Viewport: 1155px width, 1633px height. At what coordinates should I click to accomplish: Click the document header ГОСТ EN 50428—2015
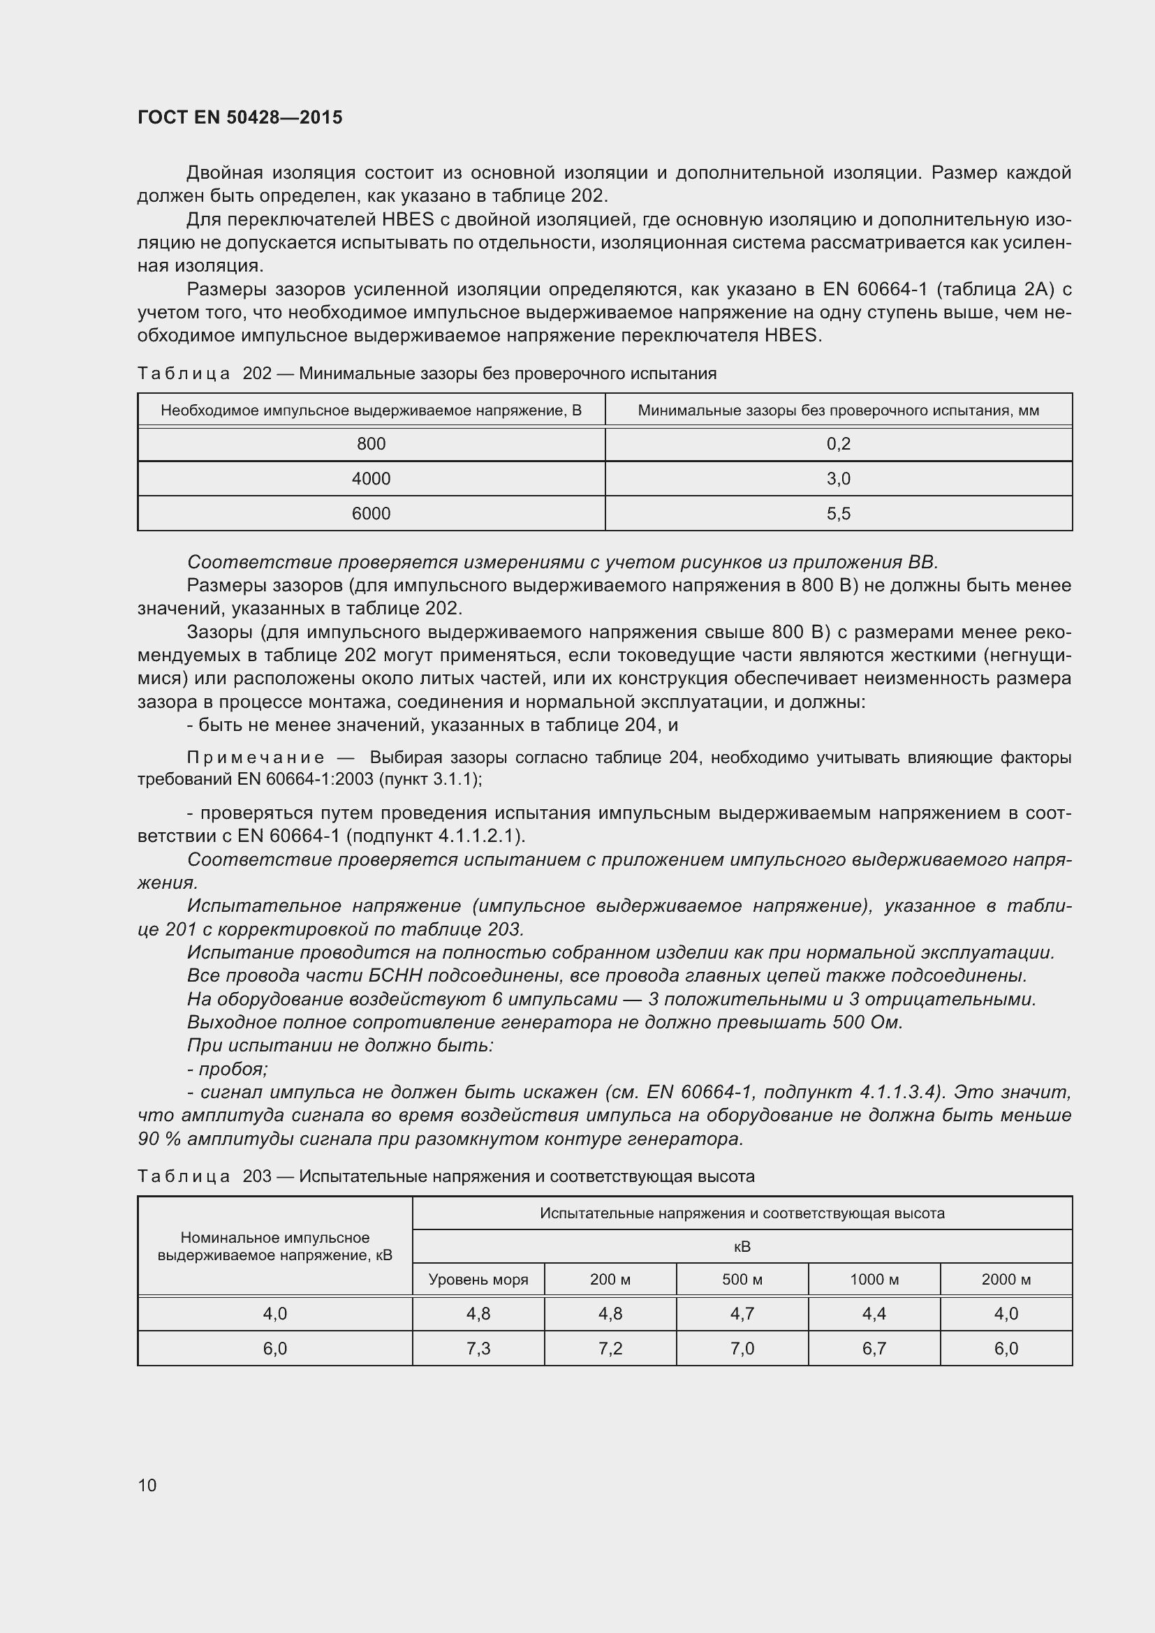coord(240,117)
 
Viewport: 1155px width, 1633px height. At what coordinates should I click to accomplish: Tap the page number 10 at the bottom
coord(147,1485)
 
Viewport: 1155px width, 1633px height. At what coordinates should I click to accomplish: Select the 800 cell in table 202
coord(371,444)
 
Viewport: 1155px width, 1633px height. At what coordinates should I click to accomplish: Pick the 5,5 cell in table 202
coord(839,514)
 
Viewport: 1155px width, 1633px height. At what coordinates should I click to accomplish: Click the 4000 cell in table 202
coord(371,479)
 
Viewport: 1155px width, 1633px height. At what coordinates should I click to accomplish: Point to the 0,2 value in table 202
coord(839,444)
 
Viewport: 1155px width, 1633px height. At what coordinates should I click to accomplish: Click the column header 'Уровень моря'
coord(478,1280)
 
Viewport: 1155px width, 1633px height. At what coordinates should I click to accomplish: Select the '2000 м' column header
coord(1006,1280)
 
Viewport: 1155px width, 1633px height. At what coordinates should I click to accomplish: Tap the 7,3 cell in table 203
coord(478,1349)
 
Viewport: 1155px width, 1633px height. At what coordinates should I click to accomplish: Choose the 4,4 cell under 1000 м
coord(874,1314)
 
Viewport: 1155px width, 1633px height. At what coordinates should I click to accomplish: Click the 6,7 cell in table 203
coord(874,1349)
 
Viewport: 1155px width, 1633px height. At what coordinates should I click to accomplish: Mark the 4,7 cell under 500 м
coord(742,1314)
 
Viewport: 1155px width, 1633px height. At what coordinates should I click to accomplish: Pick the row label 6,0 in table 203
coord(274,1349)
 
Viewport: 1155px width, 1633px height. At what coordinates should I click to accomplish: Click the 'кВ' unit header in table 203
coord(742,1247)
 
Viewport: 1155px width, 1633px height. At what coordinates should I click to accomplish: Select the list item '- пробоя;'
coord(228,1069)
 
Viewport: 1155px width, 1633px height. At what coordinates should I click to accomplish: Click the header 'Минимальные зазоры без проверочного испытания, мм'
coord(839,411)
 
